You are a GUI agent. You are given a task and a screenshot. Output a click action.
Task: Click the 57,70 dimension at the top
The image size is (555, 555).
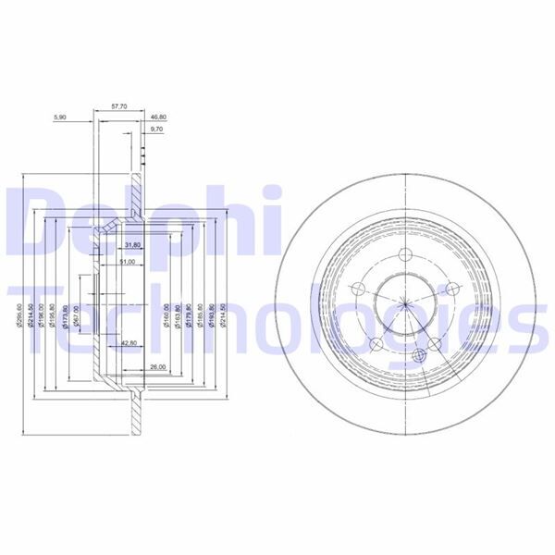point(120,108)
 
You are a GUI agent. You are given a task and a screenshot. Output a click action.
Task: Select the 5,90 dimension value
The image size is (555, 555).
point(61,117)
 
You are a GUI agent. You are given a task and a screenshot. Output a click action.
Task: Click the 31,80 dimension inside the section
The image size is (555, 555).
point(131,245)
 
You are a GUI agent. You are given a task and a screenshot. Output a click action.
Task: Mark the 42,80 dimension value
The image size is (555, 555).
point(130,343)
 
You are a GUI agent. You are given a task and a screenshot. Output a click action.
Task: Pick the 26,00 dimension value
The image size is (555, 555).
point(157,368)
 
